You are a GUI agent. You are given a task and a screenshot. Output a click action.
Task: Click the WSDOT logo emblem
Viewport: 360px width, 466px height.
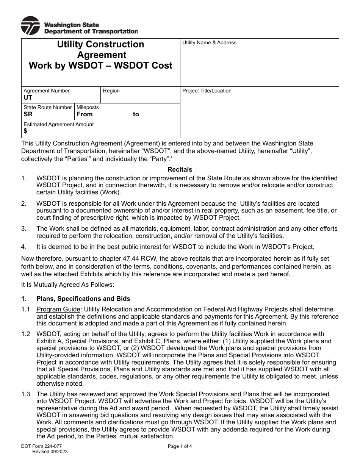point(30,26)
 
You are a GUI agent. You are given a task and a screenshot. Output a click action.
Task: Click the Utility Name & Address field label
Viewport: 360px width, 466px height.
point(209,43)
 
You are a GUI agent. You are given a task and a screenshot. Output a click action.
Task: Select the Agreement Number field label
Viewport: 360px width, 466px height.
point(47,91)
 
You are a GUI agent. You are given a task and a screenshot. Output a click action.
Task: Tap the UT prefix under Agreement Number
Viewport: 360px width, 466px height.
point(28,98)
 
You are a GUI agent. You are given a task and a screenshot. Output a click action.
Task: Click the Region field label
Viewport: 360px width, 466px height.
point(111,91)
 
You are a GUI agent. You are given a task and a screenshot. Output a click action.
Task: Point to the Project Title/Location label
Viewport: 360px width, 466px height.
point(207,91)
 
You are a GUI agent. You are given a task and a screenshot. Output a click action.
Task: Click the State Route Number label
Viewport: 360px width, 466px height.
point(48,108)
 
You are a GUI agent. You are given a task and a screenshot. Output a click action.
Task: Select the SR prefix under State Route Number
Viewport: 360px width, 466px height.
point(28,114)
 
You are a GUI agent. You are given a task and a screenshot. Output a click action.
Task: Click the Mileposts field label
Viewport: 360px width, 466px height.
point(88,108)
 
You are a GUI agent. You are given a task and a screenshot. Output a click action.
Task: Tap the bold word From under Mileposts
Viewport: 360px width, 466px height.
point(85,114)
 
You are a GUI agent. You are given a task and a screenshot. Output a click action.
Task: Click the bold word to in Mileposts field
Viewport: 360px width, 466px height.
point(136,114)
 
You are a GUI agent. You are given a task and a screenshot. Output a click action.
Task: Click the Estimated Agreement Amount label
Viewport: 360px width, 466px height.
point(58,124)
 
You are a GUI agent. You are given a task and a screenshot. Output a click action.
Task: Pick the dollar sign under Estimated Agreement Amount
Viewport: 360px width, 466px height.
point(25,131)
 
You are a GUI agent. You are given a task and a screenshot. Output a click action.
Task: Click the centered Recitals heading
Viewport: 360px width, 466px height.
point(180,170)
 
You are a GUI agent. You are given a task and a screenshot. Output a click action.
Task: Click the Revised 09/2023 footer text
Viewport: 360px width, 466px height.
point(50,452)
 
